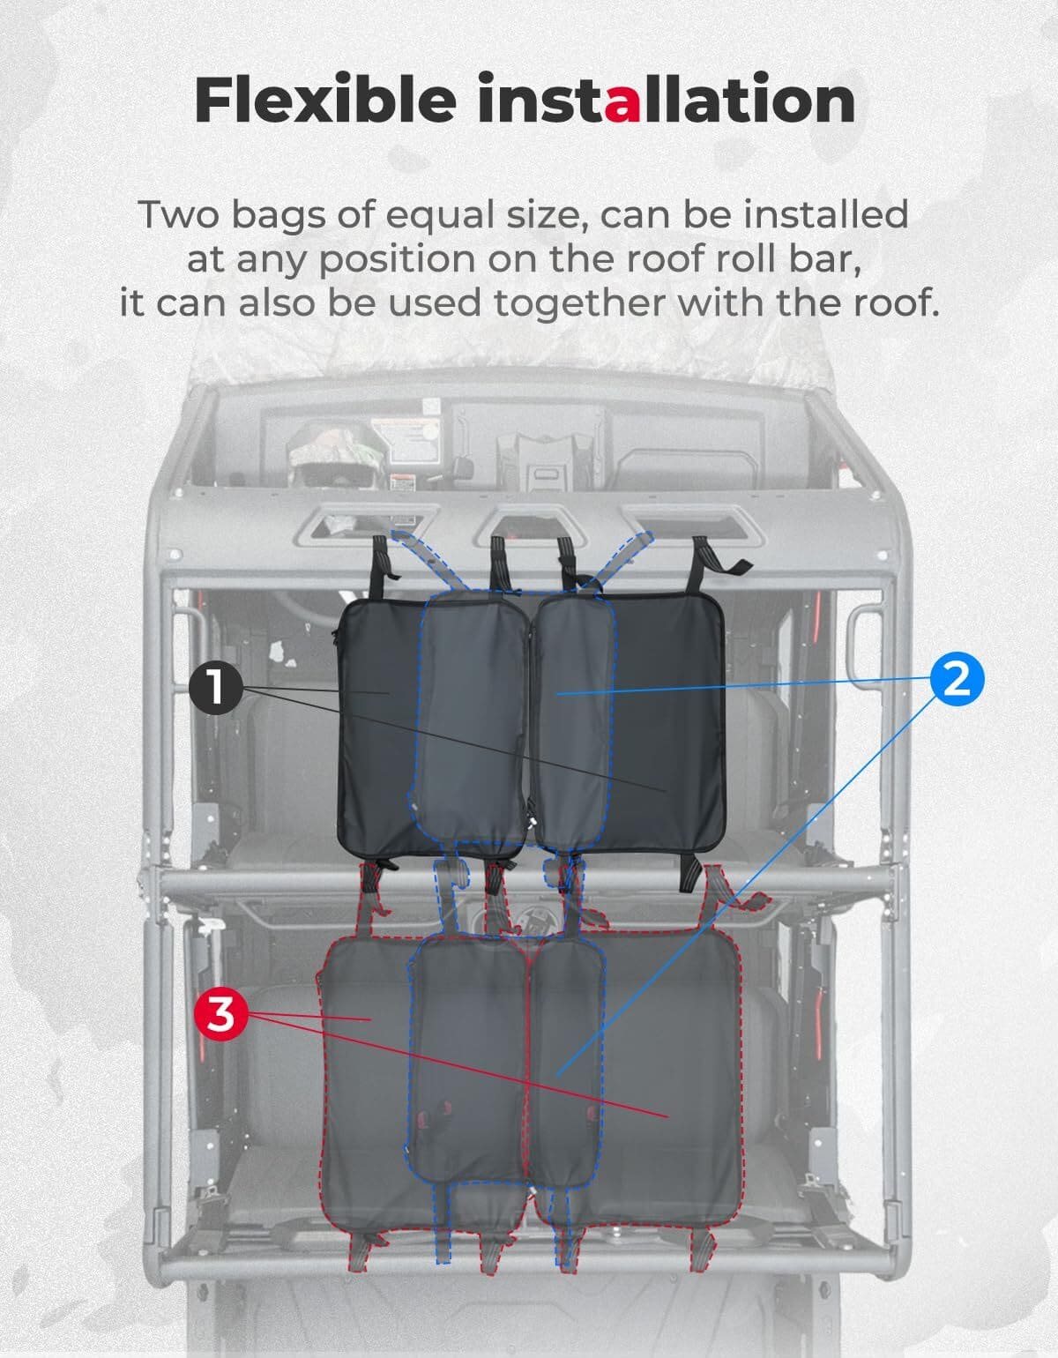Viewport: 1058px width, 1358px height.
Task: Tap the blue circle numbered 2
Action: click(x=956, y=679)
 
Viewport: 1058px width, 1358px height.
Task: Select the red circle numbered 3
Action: click(x=220, y=1015)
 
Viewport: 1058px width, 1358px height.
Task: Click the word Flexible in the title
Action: click(x=324, y=101)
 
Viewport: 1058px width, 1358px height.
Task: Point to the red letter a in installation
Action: click(x=622, y=102)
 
